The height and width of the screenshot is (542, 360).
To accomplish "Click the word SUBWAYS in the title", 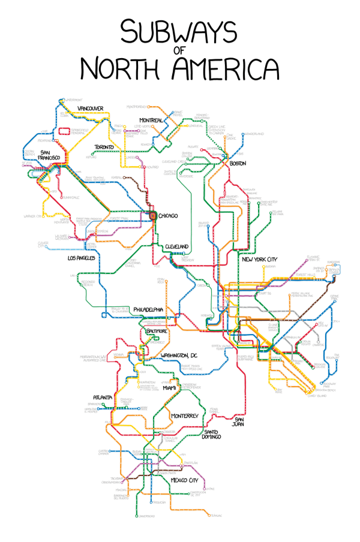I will tap(180, 30).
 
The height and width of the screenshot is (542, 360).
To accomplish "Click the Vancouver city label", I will tap(91, 109).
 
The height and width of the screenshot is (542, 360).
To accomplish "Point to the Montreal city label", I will tap(151, 121).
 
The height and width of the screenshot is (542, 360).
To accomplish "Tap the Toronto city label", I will tap(107, 147).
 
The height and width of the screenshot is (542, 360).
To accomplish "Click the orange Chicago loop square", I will tap(152, 215).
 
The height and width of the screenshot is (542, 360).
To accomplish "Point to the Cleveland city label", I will tap(177, 246).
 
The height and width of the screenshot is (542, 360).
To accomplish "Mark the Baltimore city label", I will tap(157, 331).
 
